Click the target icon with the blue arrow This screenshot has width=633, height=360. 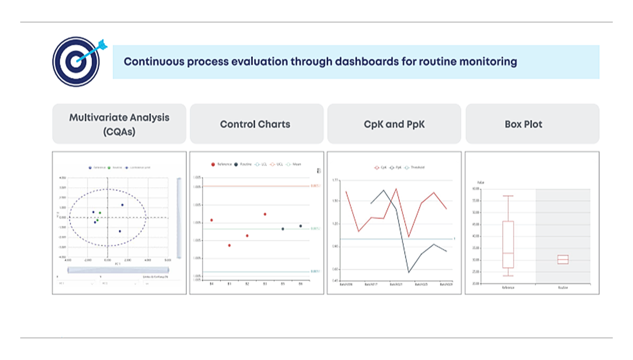(75, 61)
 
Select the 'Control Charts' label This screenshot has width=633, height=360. (255, 124)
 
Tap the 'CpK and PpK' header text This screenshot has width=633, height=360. (393, 124)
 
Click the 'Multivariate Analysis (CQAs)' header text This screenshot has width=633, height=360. (119, 124)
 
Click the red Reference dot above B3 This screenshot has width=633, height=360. (265, 214)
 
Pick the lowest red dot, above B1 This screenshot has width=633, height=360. (229, 245)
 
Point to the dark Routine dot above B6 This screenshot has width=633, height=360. (300, 226)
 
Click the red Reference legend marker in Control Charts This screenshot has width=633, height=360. (213, 164)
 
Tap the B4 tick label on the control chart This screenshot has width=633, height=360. (211, 284)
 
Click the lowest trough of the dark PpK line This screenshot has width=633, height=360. (408, 272)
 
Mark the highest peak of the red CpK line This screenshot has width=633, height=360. (396, 189)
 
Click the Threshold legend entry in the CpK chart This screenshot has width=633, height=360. (415, 167)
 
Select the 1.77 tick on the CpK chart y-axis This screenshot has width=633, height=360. (335, 181)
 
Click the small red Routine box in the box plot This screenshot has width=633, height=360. (562, 259)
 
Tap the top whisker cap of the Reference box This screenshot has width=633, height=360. (508, 196)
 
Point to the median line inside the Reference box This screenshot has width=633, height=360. (508, 253)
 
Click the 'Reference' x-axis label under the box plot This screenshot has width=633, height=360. (508, 287)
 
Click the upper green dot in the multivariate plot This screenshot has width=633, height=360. (100, 213)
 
